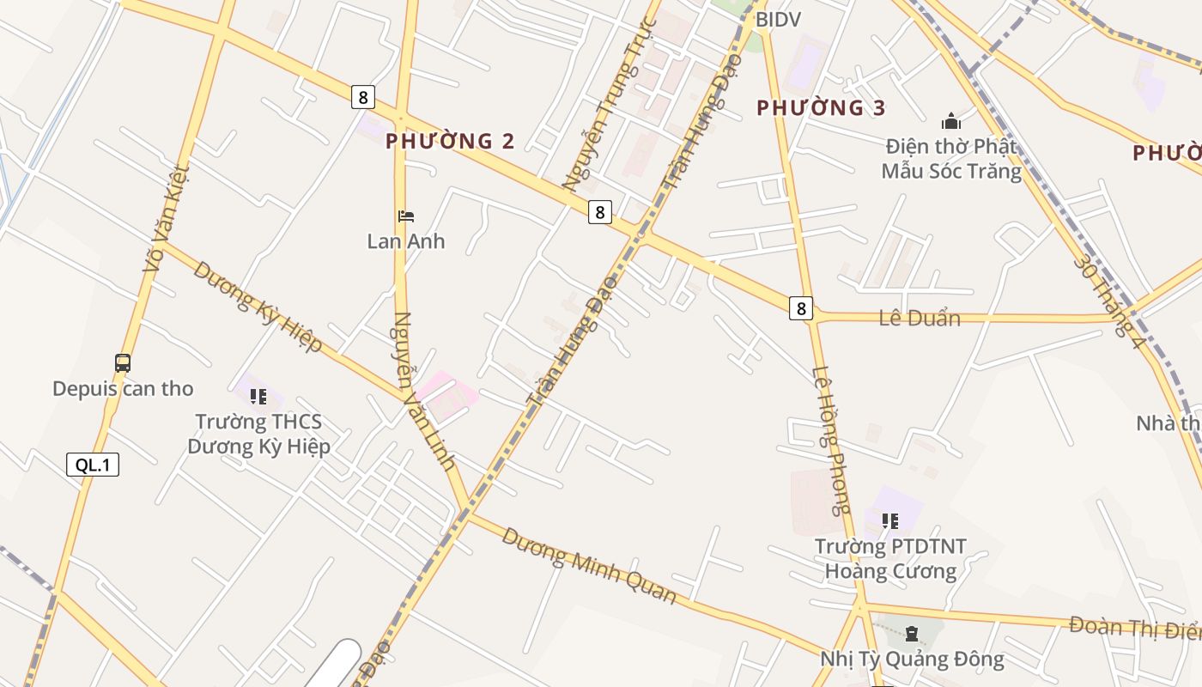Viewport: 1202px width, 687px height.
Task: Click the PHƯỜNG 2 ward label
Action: (x=450, y=142)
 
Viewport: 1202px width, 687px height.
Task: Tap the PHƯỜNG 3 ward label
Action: (x=821, y=108)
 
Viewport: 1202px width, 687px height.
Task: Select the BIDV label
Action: (x=778, y=20)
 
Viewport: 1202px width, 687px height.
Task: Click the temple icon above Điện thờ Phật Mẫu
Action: (x=951, y=121)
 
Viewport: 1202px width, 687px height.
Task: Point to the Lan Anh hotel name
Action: (x=406, y=241)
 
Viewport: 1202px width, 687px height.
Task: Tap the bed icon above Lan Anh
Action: (x=406, y=216)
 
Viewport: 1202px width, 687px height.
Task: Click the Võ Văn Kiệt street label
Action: (x=165, y=219)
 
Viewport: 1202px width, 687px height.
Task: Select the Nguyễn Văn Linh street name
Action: (x=423, y=391)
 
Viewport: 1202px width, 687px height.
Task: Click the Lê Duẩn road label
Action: (x=920, y=318)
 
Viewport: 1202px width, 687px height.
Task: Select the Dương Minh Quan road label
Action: (x=589, y=565)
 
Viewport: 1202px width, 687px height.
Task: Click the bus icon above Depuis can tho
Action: (x=123, y=363)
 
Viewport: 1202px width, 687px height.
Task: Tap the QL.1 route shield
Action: (x=93, y=465)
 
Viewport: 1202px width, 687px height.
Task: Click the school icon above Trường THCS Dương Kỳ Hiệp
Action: (x=258, y=397)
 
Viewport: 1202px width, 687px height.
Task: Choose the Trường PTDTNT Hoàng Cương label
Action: (x=890, y=559)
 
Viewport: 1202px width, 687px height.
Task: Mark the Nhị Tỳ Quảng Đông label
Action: (x=912, y=660)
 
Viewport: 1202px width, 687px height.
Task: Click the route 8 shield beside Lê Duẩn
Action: (x=800, y=308)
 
